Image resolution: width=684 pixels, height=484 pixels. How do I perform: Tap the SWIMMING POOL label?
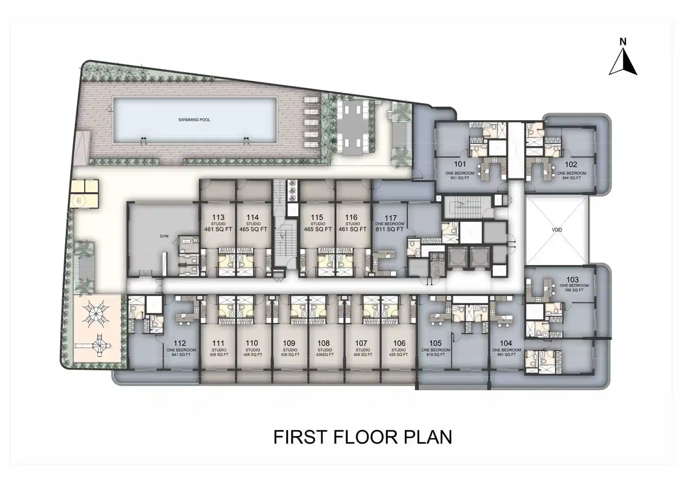pos(194,120)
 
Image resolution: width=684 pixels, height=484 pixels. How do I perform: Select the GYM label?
pos(164,236)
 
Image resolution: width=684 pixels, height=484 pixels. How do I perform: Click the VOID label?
pos(557,230)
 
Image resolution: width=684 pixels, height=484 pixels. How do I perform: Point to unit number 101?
pos(460,164)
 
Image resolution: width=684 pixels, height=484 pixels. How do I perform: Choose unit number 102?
pos(571,164)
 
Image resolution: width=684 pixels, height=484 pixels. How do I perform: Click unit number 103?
pos(572,280)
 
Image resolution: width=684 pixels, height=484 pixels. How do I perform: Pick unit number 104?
pos(506,343)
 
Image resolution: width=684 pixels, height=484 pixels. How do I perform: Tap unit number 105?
pos(435,343)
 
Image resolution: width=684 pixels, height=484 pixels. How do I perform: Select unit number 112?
pos(180,343)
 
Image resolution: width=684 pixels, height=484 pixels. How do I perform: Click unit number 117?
pos(390,218)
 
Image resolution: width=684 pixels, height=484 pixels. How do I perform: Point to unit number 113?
pos(218,218)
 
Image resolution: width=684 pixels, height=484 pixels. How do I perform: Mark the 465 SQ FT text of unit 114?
pos(253,229)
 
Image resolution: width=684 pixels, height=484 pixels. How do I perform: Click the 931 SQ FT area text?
pos(460,178)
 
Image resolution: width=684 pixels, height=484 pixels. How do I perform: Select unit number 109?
pos(289,343)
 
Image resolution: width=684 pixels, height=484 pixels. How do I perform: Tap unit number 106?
pos(399,343)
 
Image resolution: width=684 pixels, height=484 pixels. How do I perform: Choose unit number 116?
pos(351,218)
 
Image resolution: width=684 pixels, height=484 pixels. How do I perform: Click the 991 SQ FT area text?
pos(506,354)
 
